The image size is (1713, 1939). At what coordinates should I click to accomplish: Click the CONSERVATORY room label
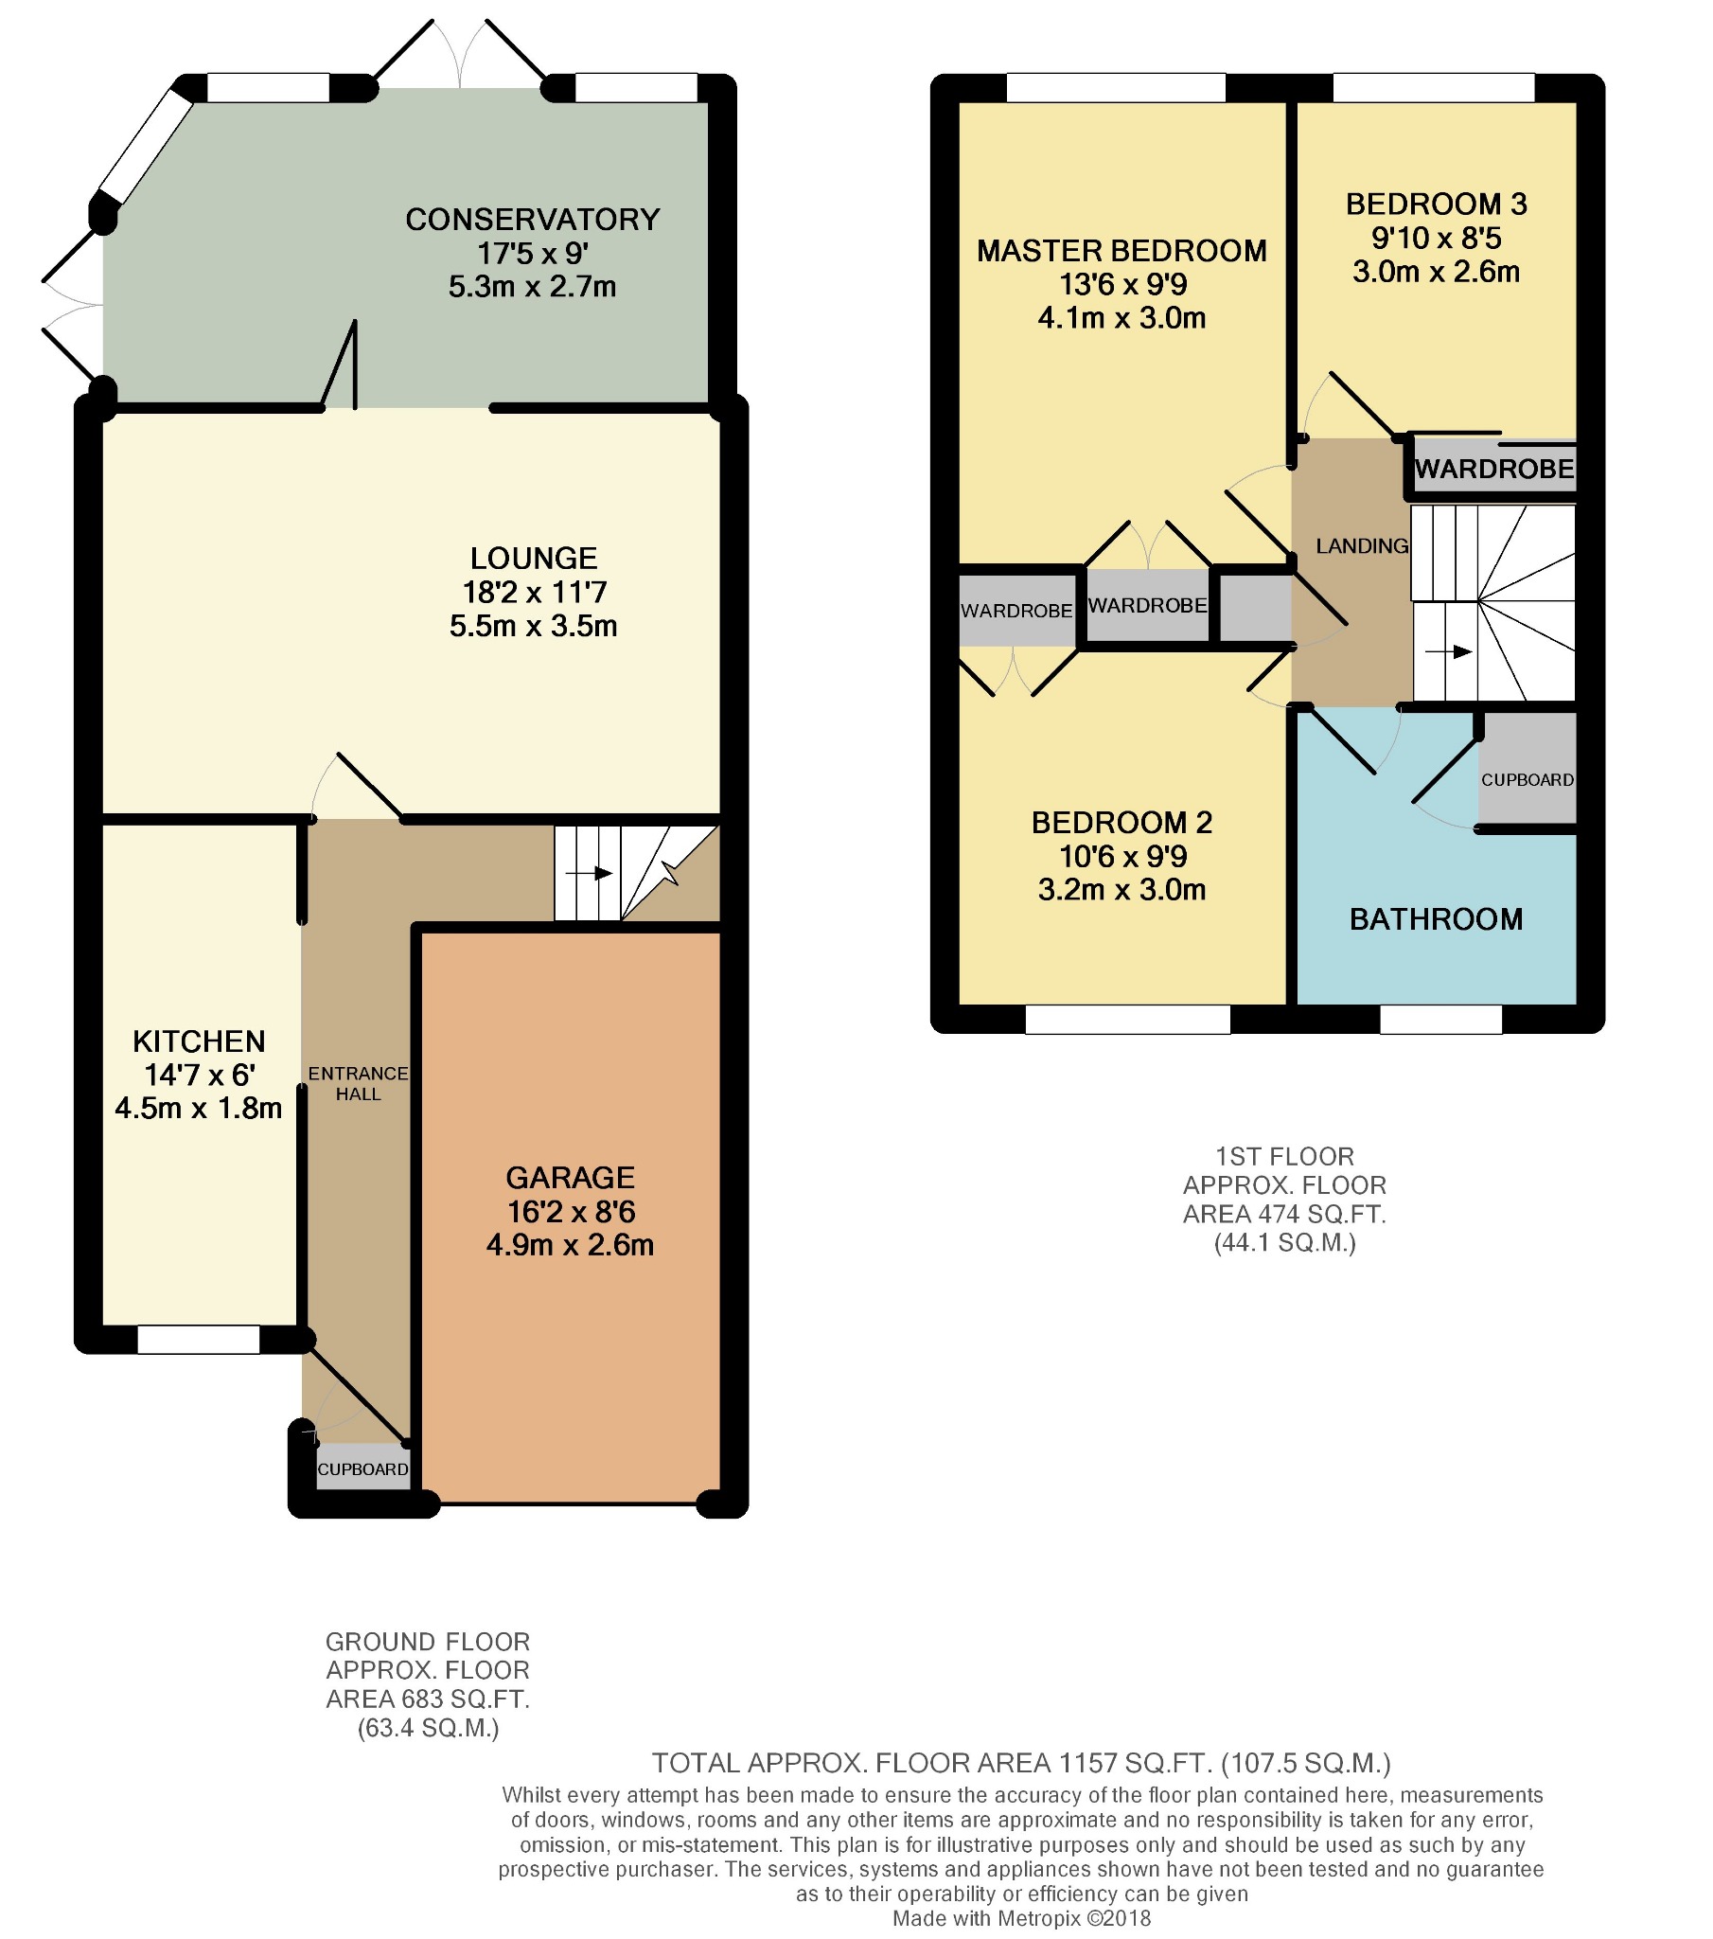(x=532, y=219)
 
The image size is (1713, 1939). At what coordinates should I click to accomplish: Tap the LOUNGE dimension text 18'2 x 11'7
(x=534, y=593)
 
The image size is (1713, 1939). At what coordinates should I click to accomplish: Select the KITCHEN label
(x=199, y=1041)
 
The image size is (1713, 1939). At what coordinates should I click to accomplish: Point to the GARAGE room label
(x=570, y=1178)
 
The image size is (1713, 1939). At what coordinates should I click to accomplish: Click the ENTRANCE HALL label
(x=359, y=1083)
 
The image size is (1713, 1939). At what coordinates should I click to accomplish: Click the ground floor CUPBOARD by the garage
(x=363, y=1469)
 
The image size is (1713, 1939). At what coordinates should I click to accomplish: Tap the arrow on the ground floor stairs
(x=588, y=873)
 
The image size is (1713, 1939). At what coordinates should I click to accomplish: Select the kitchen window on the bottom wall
(x=198, y=1340)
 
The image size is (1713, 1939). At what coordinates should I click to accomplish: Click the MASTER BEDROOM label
(x=1122, y=251)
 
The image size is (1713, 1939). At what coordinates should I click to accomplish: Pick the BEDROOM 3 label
(x=1436, y=204)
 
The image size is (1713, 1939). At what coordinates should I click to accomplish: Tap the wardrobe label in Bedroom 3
(x=1494, y=469)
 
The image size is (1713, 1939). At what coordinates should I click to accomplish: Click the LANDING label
(x=1362, y=545)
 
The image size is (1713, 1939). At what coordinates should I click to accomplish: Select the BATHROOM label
(x=1436, y=919)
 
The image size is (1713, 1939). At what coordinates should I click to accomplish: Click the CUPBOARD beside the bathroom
(x=1528, y=779)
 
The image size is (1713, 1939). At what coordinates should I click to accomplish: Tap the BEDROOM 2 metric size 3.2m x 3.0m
(x=1122, y=890)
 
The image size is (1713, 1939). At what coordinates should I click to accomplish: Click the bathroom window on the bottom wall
(x=1440, y=1019)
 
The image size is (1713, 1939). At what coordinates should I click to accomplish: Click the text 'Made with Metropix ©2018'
(x=1021, y=1918)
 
